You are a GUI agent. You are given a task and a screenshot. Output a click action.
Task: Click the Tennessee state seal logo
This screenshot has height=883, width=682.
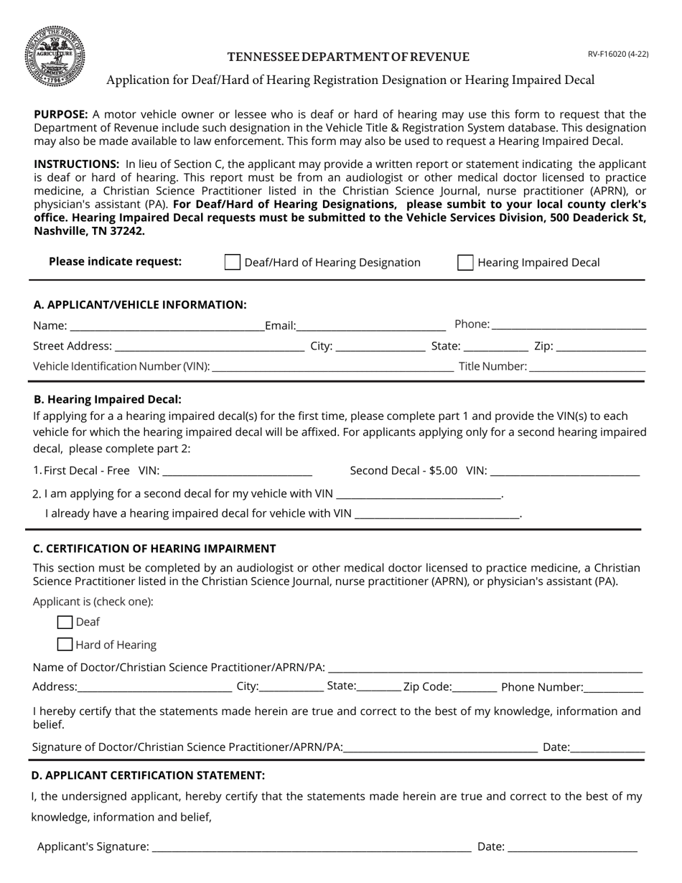point(55,56)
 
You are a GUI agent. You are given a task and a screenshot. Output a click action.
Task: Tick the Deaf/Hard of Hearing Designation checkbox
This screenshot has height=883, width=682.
point(233,262)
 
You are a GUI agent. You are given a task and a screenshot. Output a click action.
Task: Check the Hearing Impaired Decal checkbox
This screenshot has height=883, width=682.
point(465,262)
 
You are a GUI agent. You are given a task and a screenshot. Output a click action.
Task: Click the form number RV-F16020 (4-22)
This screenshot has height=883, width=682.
point(618,54)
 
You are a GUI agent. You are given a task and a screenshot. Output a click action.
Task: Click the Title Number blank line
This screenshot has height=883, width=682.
point(587,366)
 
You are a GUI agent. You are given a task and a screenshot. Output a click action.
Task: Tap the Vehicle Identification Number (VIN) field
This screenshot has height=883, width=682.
point(332,366)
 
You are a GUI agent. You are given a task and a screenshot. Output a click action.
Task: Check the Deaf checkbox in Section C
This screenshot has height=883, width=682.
point(65,622)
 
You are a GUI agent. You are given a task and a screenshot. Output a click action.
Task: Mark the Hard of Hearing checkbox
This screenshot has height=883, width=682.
point(65,644)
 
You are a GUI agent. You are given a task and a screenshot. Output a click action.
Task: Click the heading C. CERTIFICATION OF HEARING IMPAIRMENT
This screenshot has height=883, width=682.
point(154,548)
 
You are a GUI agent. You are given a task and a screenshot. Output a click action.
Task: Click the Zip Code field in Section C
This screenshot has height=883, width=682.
point(475,686)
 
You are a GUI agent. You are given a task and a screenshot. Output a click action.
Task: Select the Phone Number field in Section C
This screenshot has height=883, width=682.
point(614,686)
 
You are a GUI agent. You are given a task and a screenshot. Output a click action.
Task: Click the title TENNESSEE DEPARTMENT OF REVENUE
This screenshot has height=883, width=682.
point(348,57)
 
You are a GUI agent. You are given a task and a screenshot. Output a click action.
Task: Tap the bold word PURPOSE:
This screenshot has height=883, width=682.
point(61,114)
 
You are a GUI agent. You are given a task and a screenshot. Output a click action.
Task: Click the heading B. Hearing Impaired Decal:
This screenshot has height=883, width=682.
point(108,399)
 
